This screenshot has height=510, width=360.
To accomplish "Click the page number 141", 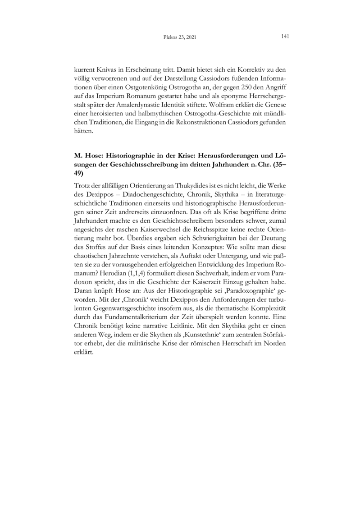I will (285, 37).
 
